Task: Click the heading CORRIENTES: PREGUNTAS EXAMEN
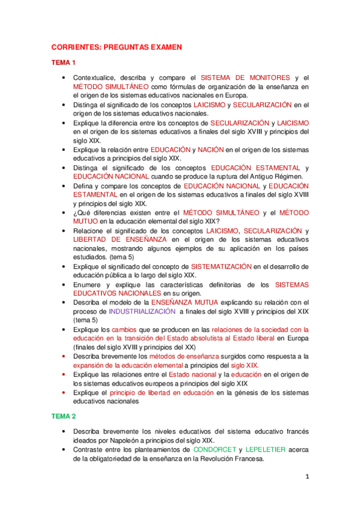(116, 46)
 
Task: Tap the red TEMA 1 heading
(64, 63)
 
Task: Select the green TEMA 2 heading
(64, 416)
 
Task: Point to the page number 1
(307, 477)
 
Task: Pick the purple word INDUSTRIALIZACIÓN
(142, 312)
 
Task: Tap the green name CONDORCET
(215, 449)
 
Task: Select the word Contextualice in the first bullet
(94, 78)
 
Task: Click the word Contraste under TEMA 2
(90, 449)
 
